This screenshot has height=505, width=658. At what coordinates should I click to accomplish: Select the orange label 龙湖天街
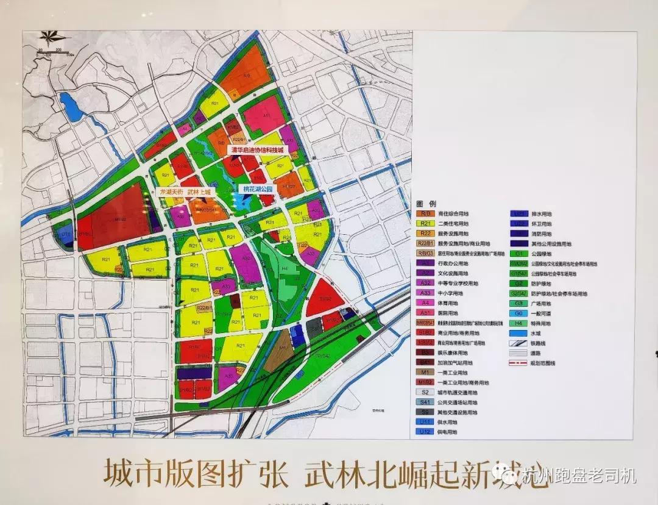(x=171, y=192)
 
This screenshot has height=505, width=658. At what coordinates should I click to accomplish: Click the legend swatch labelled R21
(x=425, y=224)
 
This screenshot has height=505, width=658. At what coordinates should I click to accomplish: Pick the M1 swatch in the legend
(x=425, y=373)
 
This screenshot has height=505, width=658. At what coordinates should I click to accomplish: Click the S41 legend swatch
(x=425, y=403)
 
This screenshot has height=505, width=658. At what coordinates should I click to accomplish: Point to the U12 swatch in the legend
(x=425, y=432)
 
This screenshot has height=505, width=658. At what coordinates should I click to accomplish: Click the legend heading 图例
(x=426, y=203)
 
